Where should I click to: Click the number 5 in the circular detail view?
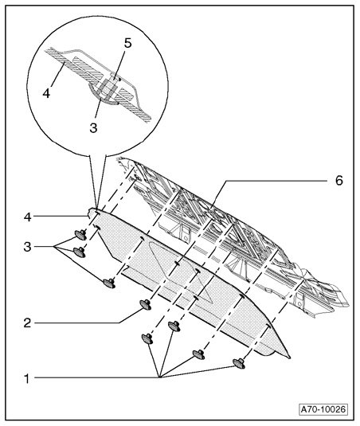coord(127,43)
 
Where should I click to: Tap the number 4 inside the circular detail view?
coord(46,93)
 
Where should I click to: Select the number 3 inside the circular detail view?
coord(93,127)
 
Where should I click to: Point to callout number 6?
coord(339,181)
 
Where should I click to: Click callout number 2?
coord(27,323)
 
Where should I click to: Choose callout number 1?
coord(26,378)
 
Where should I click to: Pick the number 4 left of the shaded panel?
coord(27,217)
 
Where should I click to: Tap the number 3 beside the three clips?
coord(27,247)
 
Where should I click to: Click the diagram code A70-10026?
coord(323,409)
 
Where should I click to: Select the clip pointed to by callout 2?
coord(146,304)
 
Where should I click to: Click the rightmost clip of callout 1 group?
coord(239,364)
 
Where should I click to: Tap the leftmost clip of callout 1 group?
coord(147,338)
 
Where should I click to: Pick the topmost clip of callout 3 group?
coord(80,234)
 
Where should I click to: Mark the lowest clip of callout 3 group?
coord(109,283)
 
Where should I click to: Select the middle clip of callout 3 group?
coord(80,252)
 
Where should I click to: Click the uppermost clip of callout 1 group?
coord(174,326)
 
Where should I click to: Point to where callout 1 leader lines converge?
coord(160,377)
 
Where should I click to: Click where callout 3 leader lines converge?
coord(55,247)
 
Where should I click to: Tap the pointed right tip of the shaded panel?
coord(290,358)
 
